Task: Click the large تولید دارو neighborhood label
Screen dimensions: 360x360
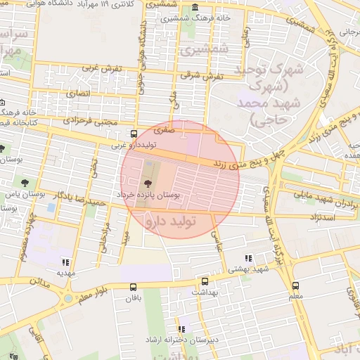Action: (179, 221)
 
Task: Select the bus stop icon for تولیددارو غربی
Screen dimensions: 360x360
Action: (134, 134)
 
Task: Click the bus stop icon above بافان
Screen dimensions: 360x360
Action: (133, 287)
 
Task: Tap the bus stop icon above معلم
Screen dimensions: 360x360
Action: (295, 285)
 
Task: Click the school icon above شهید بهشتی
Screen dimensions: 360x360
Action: (247, 258)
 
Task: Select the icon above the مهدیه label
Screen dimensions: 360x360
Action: (65, 262)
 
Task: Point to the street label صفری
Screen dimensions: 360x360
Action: (162, 130)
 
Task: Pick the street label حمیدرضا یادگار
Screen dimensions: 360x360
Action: (82, 198)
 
